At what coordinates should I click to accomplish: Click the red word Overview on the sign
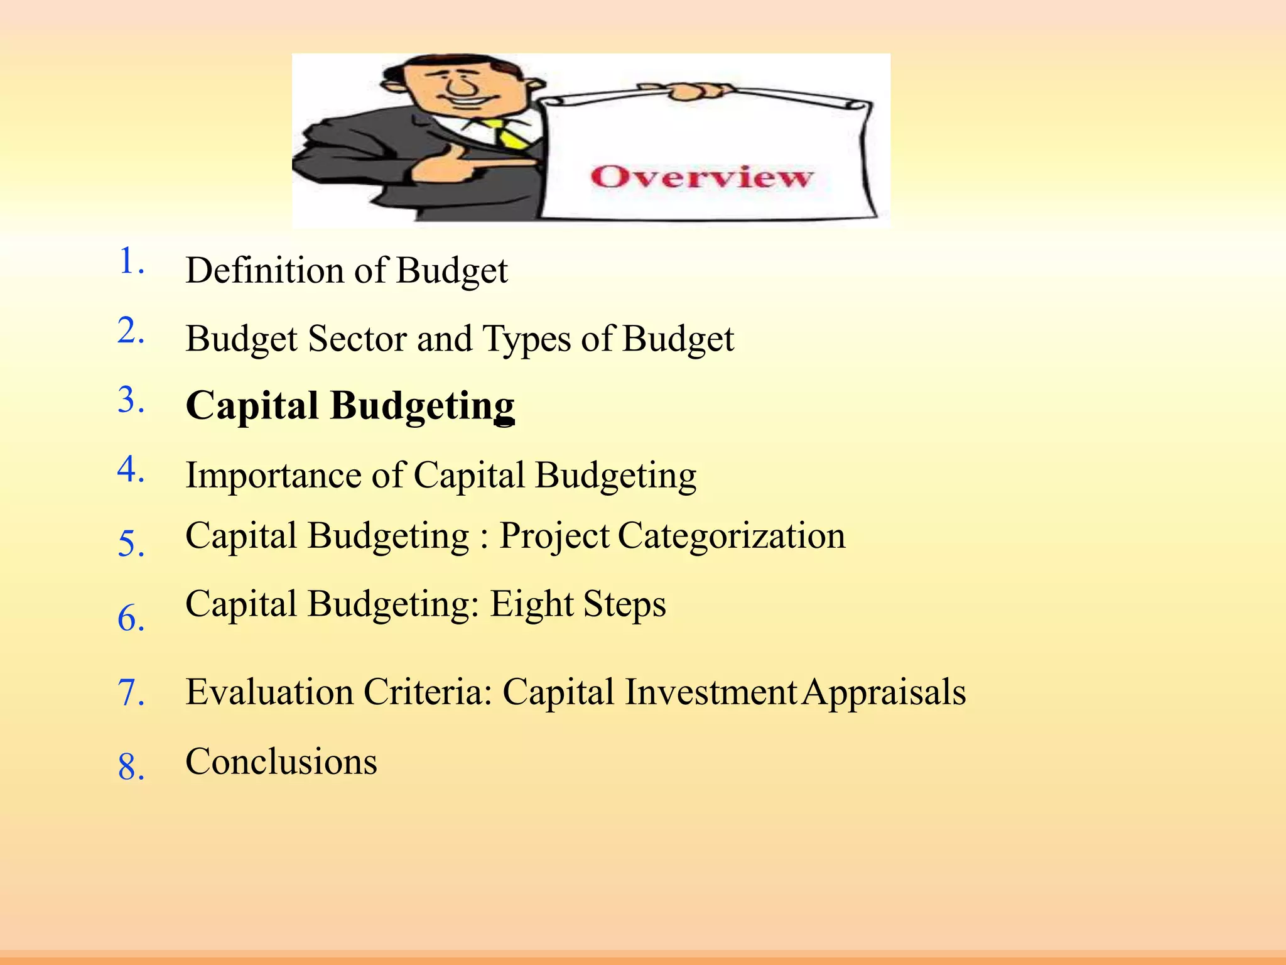click(x=701, y=177)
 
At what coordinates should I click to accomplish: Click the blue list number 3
click(x=131, y=400)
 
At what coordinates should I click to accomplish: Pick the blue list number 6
click(x=131, y=618)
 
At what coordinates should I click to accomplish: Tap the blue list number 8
click(x=131, y=767)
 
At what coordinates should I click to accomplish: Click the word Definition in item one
click(x=264, y=271)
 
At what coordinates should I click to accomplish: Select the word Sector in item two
click(x=357, y=339)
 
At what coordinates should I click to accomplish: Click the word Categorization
click(x=732, y=537)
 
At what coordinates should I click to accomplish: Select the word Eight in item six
click(x=531, y=605)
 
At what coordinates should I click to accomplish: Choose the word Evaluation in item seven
click(x=269, y=692)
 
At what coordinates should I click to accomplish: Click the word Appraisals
click(x=884, y=693)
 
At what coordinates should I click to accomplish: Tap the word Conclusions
click(x=281, y=761)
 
